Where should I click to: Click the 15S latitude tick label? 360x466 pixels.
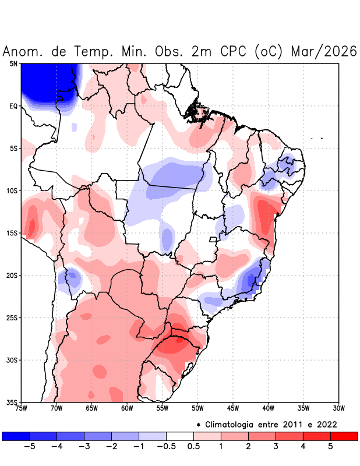tap(13, 233)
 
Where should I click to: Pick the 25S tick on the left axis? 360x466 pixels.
tap(13, 317)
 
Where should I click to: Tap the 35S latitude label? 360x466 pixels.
tap(13, 402)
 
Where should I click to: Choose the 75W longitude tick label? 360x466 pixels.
tap(21, 408)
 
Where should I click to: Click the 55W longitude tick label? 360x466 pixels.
tap(162, 408)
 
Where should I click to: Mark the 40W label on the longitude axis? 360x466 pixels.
tap(268, 408)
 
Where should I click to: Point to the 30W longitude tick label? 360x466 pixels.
tap(338, 408)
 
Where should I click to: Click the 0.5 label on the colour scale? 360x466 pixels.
tap(194, 447)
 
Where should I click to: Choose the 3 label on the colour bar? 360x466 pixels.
tap(276, 447)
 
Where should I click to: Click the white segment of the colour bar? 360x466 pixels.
tap(180, 436)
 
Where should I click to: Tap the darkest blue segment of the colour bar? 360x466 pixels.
tap(16, 436)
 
